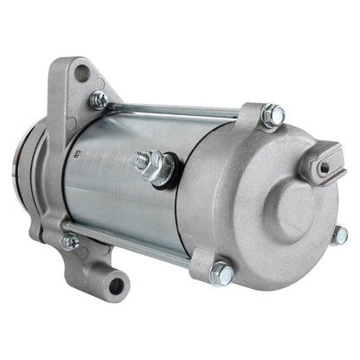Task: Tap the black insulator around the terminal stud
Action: pos(166,168)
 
